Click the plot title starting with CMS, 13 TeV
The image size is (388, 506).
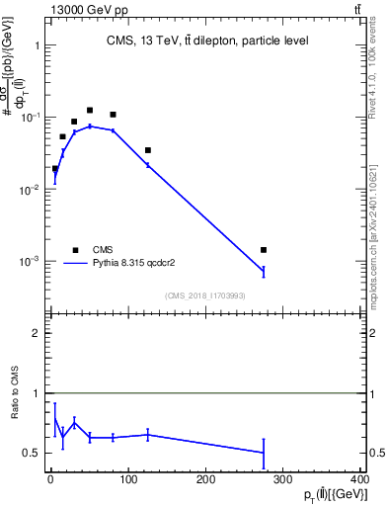(x=207, y=41)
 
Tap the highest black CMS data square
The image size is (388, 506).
(x=90, y=111)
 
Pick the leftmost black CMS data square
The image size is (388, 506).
(x=55, y=169)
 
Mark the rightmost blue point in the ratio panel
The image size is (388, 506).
(x=264, y=453)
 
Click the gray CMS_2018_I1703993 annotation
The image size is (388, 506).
(x=205, y=295)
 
